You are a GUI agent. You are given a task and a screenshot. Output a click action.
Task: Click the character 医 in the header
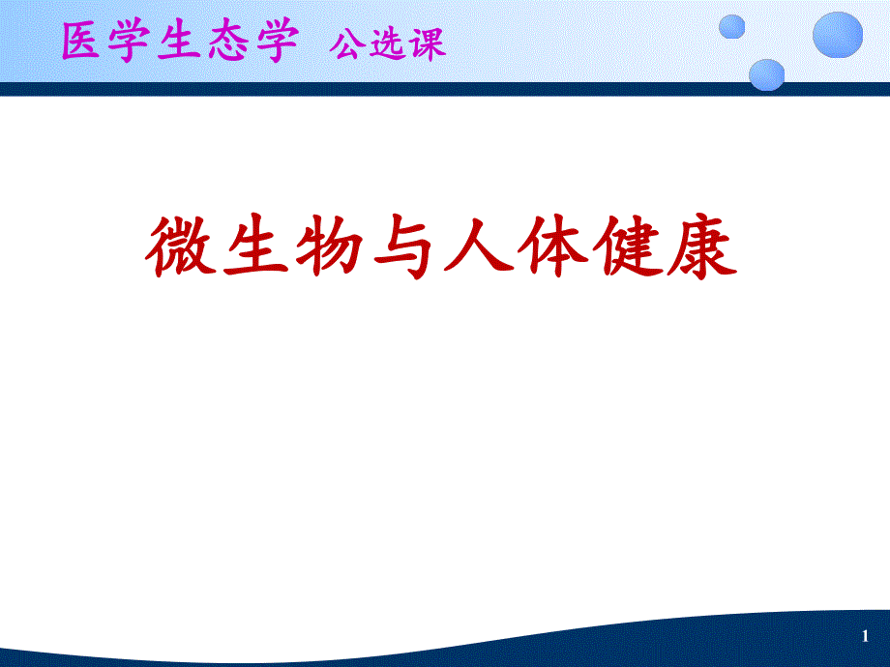[x=83, y=43]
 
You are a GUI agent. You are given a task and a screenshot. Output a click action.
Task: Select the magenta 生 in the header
[x=179, y=43]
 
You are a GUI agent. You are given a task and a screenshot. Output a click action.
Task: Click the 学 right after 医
[x=132, y=43]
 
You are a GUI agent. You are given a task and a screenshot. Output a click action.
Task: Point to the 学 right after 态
[x=275, y=43]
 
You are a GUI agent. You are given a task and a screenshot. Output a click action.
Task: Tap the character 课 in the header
[x=428, y=44]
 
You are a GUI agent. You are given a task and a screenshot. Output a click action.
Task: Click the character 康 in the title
[x=708, y=248]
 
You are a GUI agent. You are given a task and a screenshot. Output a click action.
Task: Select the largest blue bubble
[x=837, y=35]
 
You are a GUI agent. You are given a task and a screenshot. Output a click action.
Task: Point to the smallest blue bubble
[x=733, y=26]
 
